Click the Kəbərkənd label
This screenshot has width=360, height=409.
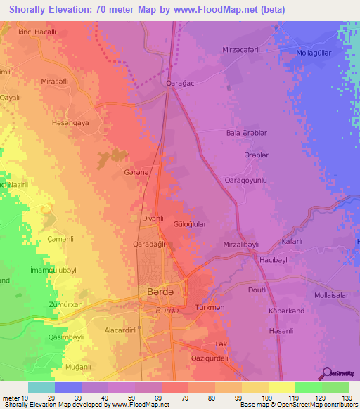(x=286, y=311)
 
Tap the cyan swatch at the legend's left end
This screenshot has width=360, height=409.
(x=41, y=387)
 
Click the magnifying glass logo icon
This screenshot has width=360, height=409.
(x=328, y=373)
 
